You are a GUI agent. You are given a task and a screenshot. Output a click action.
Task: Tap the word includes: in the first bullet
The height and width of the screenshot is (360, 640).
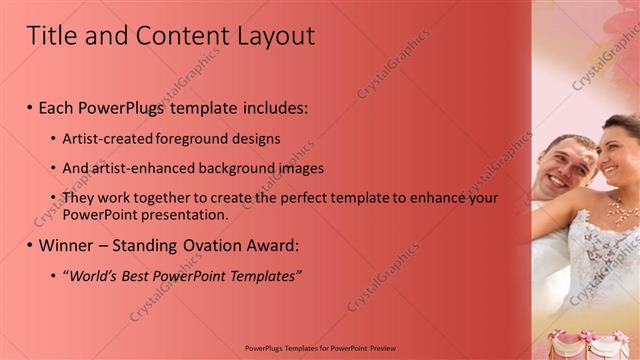267,106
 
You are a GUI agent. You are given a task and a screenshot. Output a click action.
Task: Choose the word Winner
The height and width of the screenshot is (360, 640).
68,245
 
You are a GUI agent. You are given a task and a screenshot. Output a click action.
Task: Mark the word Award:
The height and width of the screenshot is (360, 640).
270,245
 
